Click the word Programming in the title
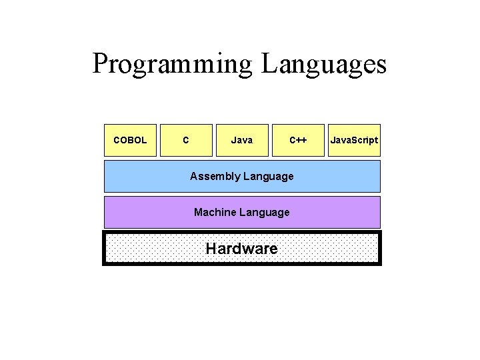173,65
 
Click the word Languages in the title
324,65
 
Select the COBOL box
130,140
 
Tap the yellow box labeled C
186,140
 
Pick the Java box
242,140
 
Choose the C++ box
298,140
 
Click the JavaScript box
354,140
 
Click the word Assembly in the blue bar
215,176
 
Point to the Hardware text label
241,249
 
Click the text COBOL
130,140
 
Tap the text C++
298,140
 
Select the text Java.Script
354,140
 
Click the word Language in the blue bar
269,176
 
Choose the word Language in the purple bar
265,212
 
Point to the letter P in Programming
101,64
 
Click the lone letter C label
185,140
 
